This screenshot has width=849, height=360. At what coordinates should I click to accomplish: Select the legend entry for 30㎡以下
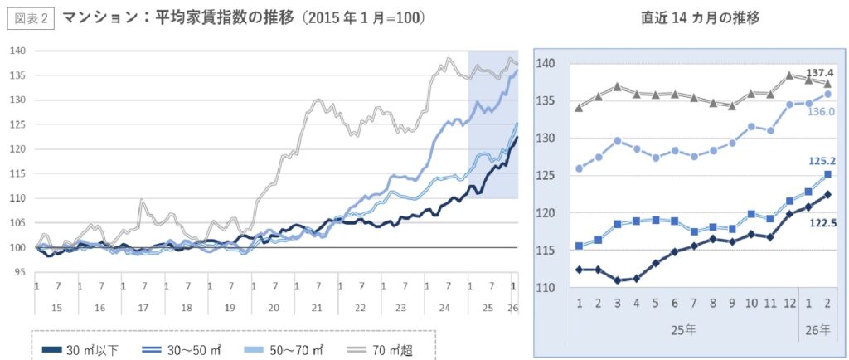tap(80, 349)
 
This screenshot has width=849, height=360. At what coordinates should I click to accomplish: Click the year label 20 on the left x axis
tap(273, 307)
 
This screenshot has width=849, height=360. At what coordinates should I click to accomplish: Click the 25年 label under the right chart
tap(684, 328)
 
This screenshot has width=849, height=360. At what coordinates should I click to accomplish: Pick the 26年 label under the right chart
tap(817, 328)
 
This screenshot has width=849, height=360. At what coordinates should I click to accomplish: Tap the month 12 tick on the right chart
tap(789, 302)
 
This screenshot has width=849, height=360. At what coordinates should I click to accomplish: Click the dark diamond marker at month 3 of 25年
tap(617, 280)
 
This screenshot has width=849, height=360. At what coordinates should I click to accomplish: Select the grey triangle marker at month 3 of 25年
tap(617, 86)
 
